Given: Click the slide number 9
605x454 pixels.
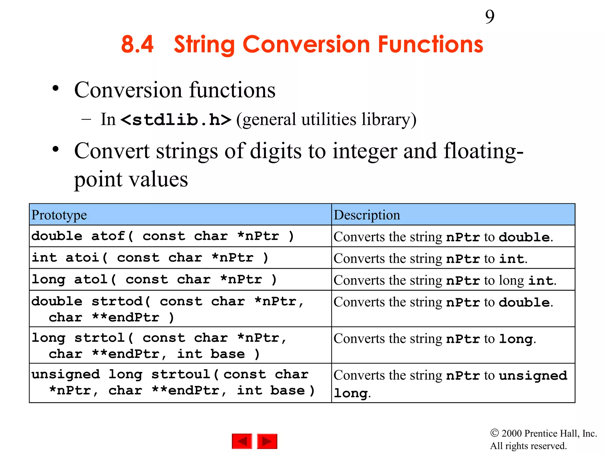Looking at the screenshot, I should pyautogui.click(x=489, y=17).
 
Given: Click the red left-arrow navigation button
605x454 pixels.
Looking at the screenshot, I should pyautogui.click(x=242, y=441).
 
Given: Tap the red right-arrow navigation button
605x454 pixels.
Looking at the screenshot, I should pyautogui.click(x=267, y=441).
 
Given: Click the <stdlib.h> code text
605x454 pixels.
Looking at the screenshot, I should pyautogui.click(x=176, y=120).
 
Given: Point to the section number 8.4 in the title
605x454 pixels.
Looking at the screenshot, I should pyautogui.click(x=137, y=44).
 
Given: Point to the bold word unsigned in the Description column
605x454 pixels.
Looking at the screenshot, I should pyautogui.click(x=533, y=376).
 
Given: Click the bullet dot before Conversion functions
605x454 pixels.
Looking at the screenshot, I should pyautogui.click(x=55, y=88).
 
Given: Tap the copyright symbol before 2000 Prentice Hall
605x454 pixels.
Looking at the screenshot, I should pyautogui.click(x=494, y=433).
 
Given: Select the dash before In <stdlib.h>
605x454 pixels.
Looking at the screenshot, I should pyautogui.click(x=86, y=120).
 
